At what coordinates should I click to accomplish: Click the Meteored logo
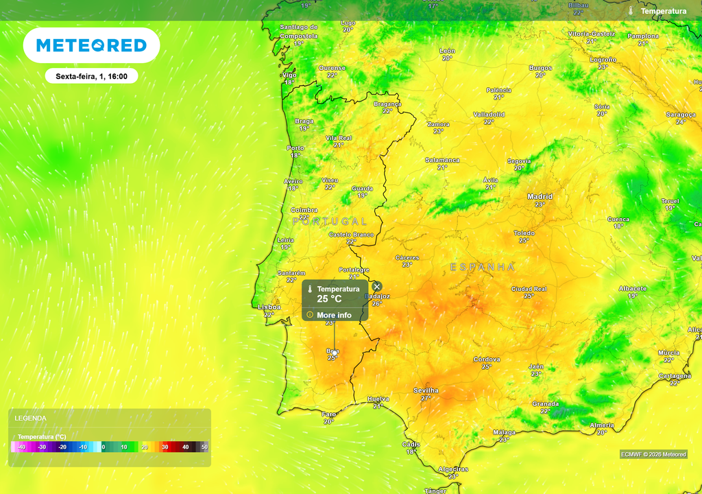pos(91,46)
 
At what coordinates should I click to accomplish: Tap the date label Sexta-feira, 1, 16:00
pos(91,76)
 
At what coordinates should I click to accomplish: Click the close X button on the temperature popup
pos(376,286)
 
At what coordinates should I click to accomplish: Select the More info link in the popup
pos(334,315)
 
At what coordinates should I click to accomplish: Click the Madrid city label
pos(540,197)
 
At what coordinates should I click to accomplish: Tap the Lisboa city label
pos(269,307)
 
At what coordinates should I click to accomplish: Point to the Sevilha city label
pos(426,390)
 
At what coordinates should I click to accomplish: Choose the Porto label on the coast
pos(295,148)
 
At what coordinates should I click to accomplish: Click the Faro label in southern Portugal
pos(329,414)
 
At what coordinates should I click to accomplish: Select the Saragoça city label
pos(681,115)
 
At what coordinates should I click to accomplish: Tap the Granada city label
pos(545,404)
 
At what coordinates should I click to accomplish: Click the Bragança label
pos(387,104)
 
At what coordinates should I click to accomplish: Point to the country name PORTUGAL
pos(330,222)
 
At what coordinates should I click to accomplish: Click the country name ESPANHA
pos(482,266)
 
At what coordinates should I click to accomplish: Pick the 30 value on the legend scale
pos(165,447)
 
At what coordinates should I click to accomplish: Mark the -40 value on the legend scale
pos(21,447)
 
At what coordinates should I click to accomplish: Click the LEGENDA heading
pos(31,418)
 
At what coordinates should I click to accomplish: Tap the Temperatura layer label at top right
pos(663,11)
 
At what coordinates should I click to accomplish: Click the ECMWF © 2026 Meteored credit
pos(653,454)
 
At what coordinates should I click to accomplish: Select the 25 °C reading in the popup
pos(329,299)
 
